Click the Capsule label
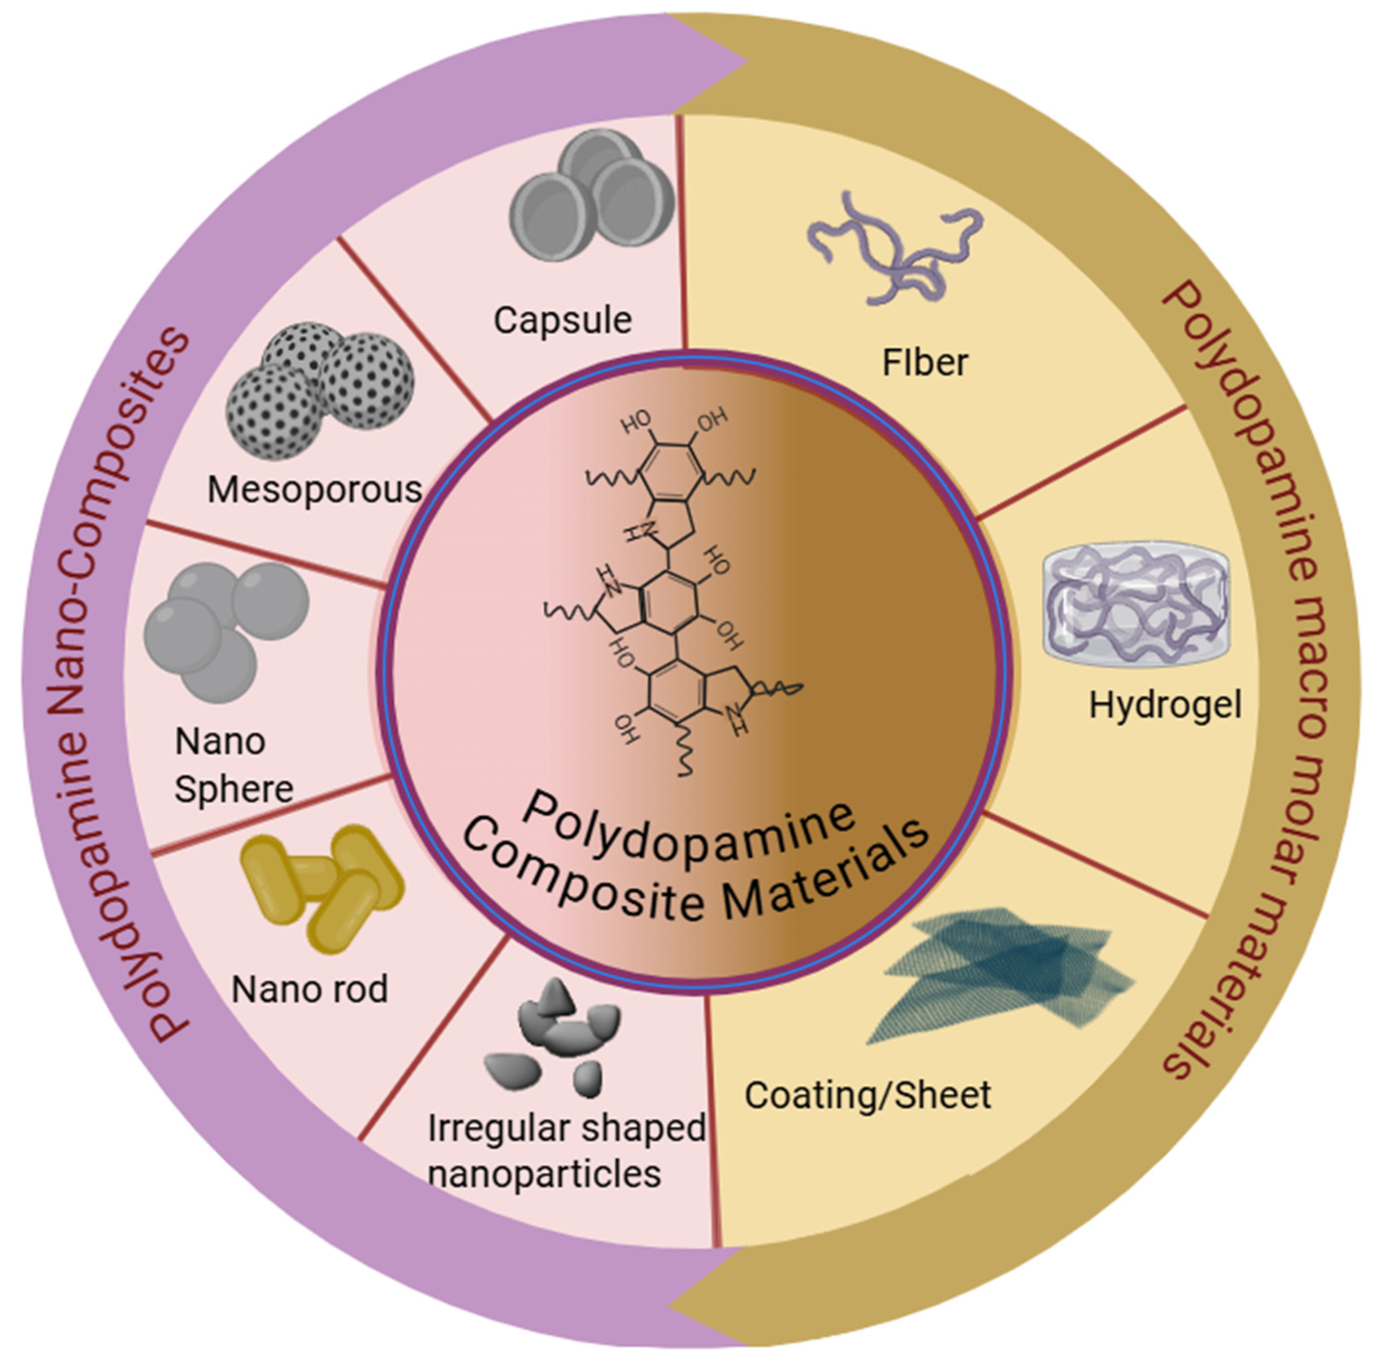[563, 321]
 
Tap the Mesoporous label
[315, 490]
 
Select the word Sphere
[234, 789]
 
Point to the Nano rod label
[310, 989]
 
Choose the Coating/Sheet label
[868, 1095]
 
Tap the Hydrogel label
[1165, 705]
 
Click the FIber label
[925, 362]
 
